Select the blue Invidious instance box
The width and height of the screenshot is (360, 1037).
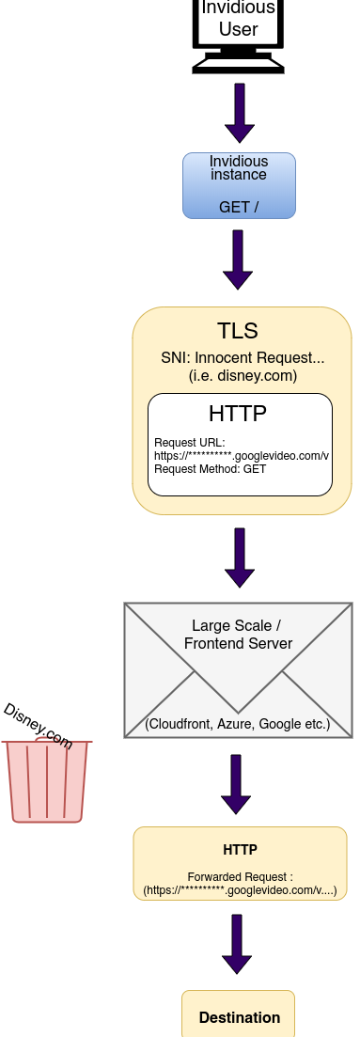click(x=239, y=186)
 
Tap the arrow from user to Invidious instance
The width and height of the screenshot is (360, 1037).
click(x=239, y=112)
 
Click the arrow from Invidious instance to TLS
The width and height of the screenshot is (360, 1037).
click(x=239, y=259)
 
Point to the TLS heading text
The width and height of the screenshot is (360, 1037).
click(x=238, y=331)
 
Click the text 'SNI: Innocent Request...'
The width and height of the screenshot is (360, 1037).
click(x=243, y=358)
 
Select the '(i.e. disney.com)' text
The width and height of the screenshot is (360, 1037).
click(x=243, y=376)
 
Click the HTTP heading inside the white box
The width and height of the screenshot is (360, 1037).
click(x=238, y=414)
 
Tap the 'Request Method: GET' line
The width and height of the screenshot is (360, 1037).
click(x=197, y=468)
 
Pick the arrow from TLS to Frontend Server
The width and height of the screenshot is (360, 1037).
click(x=240, y=558)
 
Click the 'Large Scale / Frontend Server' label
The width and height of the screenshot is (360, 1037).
click(x=238, y=635)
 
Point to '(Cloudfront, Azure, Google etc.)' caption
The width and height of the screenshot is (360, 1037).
click(x=238, y=724)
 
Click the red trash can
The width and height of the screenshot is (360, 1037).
click(x=47, y=781)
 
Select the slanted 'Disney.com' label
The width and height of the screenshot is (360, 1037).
click(x=38, y=726)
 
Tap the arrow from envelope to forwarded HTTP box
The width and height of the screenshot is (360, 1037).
click(x=236, y=784)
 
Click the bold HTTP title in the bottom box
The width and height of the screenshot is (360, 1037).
click(x=240, y=850)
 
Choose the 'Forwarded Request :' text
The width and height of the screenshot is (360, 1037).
click(x=241, y=877)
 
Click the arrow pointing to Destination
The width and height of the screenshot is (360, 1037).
click(x=238, y=944)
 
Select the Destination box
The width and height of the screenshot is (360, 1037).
click(x=239, y=1015)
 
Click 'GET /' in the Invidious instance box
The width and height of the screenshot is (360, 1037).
click(x=239, y=207)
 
